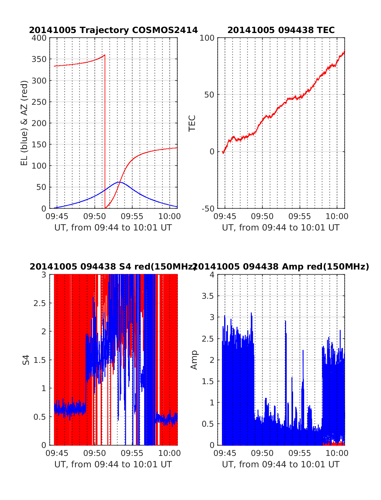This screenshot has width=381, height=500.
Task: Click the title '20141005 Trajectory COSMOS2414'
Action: pyautogui.click(x=113, y=30)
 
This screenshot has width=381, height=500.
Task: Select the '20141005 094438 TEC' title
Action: pyautogui.click(x=281, y=30)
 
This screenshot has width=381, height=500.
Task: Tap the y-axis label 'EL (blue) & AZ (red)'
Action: pyautogui.click(x=24, y=123)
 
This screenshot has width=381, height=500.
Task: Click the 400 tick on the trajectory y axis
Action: pyautogui.click(x=39, y=38)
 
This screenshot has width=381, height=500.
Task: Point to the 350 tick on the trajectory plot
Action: pyautogui.click(x=39, y=59)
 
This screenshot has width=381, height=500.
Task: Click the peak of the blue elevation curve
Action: pyautogui.click(x=119, y=182)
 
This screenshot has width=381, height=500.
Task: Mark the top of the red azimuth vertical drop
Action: pyautogui.click(x=105, y=55)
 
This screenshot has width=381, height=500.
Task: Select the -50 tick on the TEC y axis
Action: pyautogui.click(x=208, y=209)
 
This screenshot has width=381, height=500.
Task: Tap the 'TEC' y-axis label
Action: pyautogui.click(x=192, y=123)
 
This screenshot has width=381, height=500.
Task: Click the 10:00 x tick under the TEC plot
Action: pyautogui.click(x=337, y=217)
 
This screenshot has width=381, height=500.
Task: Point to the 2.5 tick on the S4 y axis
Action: pyautogui.click(x=40, y=303)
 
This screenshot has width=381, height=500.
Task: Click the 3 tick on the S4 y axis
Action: pyautogui.click(x=43, y=275)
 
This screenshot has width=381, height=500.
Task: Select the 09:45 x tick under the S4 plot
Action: pyautogui.click(x=57, y=453)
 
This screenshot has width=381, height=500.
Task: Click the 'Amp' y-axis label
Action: pyautogui.click(x=194, y=360)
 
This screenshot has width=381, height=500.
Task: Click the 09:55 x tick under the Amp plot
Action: pyautogui.click(x=300, y=453)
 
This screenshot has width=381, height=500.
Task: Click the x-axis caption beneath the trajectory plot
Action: pyautogui.click(x=113, y=228)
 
